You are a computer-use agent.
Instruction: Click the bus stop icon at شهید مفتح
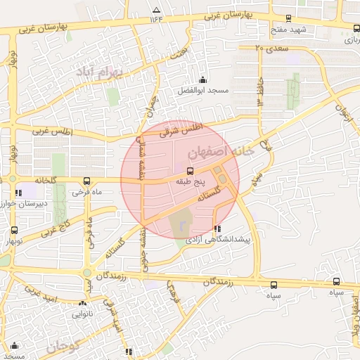(x=288, y=19)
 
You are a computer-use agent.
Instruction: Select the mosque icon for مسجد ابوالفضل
(x=203, y=79)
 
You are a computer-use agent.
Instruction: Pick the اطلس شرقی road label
(x=181, y=128)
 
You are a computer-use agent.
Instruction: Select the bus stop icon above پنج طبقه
(x=190, y=171)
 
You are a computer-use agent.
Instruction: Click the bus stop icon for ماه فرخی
(x=86, y=180)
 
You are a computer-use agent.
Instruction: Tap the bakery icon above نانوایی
(x=82, y=304)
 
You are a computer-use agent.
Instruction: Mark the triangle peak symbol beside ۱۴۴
(x=156, y=10)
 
